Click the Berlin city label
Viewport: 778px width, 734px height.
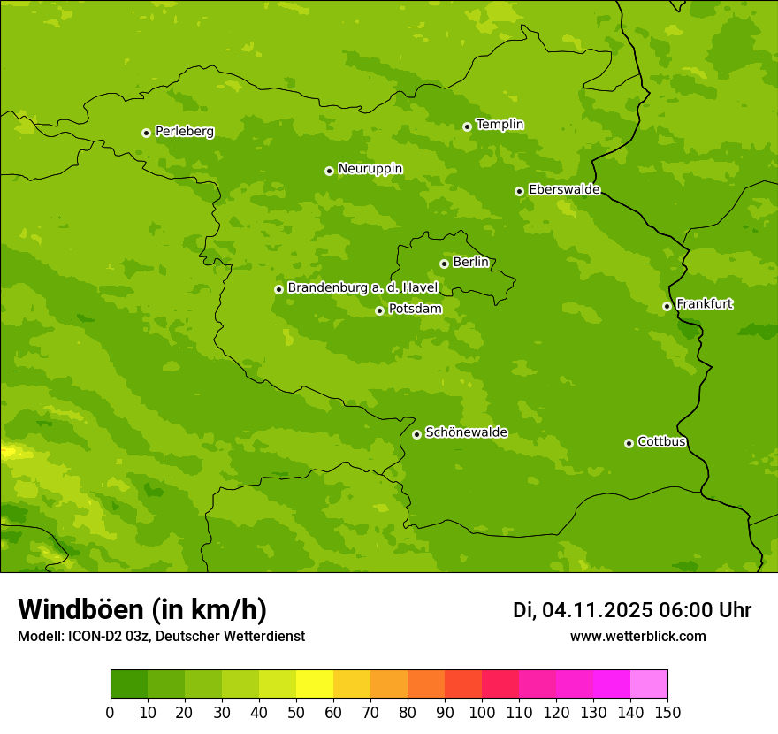[470, 262]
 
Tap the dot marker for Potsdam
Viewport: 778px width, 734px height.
[379, 310]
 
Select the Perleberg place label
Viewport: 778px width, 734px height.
[184, 132]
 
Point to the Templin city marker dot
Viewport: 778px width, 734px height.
[467, 126]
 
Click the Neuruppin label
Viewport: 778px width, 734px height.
[370, 169]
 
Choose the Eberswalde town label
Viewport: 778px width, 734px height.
[564, 190]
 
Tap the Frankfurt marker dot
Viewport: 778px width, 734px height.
[667, 306]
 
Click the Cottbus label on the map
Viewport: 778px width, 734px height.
[661, 442]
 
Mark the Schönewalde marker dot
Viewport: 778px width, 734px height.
[416, 434]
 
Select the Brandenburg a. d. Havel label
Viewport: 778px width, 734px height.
[362, 288]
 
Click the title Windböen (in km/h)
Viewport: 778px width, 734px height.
[142, 609]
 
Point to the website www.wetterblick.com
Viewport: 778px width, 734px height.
[637, 636]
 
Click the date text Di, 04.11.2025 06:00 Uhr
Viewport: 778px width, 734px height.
[632, 610]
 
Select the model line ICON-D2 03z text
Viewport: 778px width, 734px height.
[161, 636]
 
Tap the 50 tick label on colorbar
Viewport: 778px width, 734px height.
[296, 712]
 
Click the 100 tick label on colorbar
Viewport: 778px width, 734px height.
[482, 712]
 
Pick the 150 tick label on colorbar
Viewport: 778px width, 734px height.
[667, 712]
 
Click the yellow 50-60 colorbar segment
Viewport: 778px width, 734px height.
[315, 684]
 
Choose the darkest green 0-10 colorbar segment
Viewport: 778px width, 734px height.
[129, 684]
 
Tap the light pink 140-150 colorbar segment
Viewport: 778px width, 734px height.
[649, 684]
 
